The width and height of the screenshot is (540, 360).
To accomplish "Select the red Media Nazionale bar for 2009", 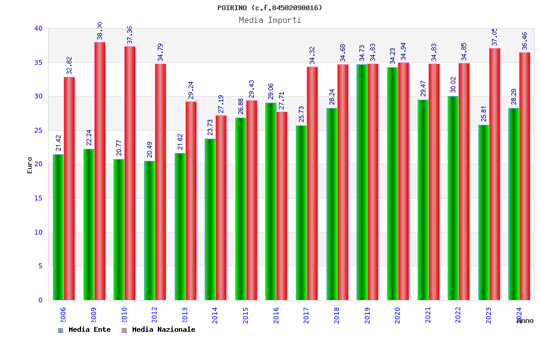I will click(x=100, y=171).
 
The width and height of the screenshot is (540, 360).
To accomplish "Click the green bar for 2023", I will click(x=484, y=212).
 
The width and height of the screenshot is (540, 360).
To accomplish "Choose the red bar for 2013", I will click(x=191, y=200).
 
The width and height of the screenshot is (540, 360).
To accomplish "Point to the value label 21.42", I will click(x=59, y=143).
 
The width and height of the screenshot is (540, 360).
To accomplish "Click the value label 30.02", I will click(x=454, y=85).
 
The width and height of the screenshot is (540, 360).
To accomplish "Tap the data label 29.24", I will click(x=191, y=90).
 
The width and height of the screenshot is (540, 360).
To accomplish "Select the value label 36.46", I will click(x=525, y=41).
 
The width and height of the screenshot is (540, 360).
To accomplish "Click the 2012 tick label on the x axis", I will click(x=155, y=315).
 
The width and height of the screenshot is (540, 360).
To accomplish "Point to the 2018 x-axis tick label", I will click(x=337, y=315).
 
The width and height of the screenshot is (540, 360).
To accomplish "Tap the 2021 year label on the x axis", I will click(x=428, y=315).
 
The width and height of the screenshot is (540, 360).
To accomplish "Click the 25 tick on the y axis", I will click(x=38, y=130).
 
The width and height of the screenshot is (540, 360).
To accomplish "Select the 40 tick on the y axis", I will click(x=38, y=28).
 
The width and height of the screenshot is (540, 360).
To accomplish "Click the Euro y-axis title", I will click(x=30, y=165).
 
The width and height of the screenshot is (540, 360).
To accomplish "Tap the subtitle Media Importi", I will click(x=270, y=20).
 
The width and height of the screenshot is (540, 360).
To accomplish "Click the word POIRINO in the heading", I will click(x=232, y=8).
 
